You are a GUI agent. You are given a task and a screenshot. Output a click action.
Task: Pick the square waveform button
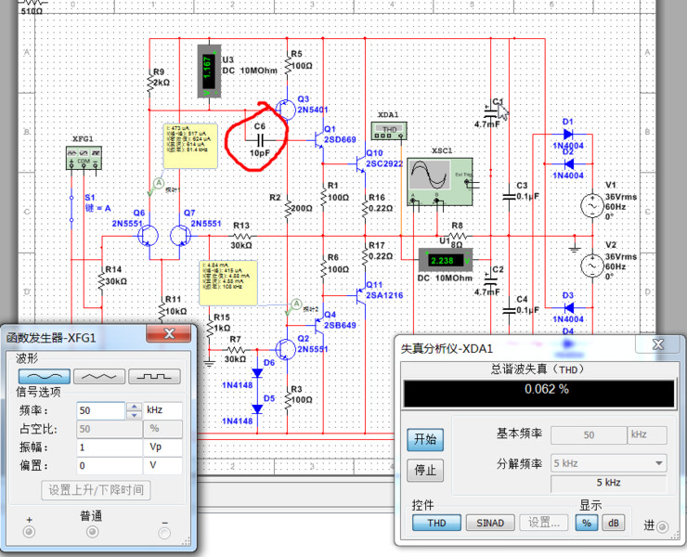(x=154, y=377)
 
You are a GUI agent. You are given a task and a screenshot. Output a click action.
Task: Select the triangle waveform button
(x=98, y=377)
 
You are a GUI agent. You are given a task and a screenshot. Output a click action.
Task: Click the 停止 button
(x=424, y=470)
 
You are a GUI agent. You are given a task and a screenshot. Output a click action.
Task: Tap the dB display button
(x=613, y=523)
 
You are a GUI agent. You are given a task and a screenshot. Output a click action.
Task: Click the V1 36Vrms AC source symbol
(x=589, y=205)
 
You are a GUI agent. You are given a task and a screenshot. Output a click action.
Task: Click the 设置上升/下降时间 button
(x=97, y=489)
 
